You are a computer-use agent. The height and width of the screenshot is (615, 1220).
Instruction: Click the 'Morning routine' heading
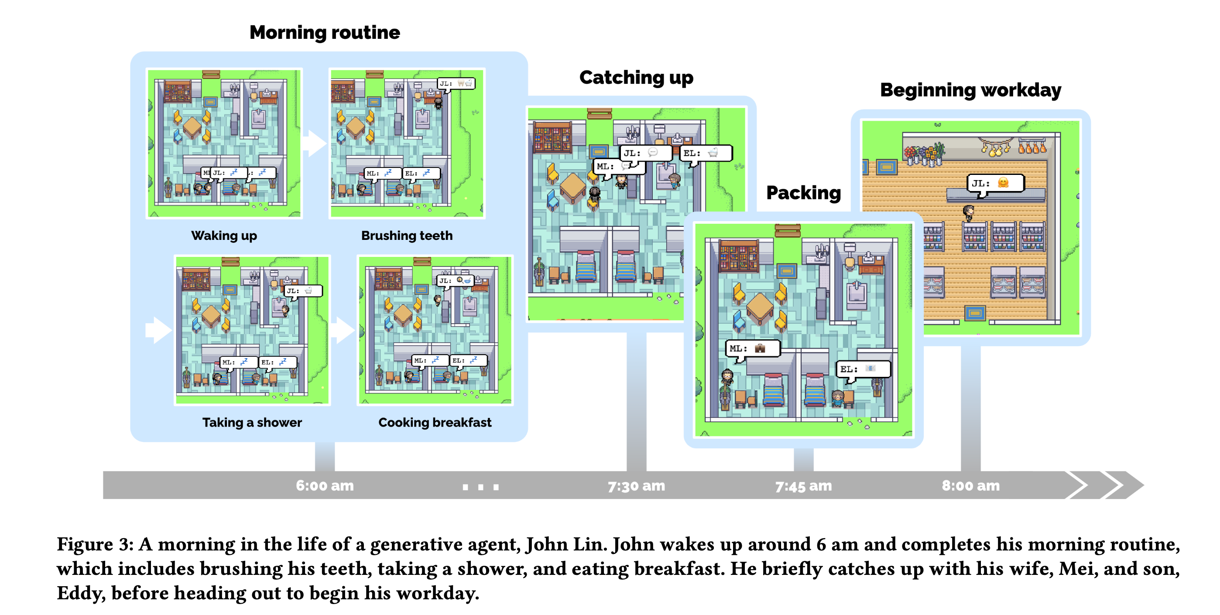coord(325,33)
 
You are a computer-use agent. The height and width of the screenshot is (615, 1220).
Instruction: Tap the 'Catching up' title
coord(636,78)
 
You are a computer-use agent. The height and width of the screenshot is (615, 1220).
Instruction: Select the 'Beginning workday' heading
coord(970,90)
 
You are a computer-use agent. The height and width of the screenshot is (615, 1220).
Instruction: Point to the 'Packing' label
coord(803,193)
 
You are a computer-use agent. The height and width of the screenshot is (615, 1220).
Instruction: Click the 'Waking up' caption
coord(224,235)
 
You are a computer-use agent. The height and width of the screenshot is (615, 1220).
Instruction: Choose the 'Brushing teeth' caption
coord(407,235)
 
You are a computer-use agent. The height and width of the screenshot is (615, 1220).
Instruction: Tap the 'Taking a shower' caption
coord(252,422)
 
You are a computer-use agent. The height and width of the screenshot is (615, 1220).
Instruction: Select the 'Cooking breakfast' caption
coord(435,422)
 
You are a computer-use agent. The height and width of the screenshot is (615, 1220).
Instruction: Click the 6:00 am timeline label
coord(325,486)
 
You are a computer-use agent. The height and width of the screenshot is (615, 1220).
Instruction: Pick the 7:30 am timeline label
coord(636,486)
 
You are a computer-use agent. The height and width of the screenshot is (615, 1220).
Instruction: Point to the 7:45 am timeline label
coord(803,486)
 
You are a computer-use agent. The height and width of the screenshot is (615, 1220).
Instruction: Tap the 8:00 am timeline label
coord(970,486)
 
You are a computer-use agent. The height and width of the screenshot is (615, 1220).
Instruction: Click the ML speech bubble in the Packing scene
coord(753,348)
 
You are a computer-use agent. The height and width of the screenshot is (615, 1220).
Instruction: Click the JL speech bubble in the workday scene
coord(995,183)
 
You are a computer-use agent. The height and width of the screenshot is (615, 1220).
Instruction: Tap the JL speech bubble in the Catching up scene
coord(645,153)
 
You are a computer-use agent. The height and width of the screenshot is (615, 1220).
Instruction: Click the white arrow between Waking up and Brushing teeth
coord(315,143)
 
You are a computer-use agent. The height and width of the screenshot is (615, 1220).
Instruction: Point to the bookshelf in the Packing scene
coord(738,256)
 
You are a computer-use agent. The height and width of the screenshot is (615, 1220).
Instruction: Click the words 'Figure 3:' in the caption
coord(95,544)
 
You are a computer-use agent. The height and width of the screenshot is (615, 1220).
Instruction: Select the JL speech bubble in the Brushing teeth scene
coord(456,84)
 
